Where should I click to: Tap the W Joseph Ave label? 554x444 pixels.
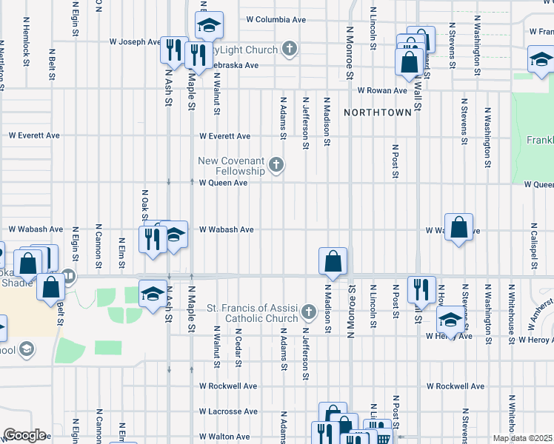tap(135, 42)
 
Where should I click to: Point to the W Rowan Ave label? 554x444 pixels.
tap(382, 90)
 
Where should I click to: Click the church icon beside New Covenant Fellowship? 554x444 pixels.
tap(276, 164)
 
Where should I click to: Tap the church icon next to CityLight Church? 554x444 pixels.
tap(290, 50)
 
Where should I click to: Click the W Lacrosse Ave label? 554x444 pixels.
tap(227, 411)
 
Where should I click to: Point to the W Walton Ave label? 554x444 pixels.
tap(224, 437)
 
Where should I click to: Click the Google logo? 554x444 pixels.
tap(24, 435)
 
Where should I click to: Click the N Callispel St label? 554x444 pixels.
tap(533, 243)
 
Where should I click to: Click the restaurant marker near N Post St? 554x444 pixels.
tap(421, 290)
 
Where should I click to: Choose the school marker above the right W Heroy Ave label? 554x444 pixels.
tap(450, 320)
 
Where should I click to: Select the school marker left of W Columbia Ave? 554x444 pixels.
tap(210, 26)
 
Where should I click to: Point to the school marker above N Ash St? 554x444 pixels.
tap(153, 295)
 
